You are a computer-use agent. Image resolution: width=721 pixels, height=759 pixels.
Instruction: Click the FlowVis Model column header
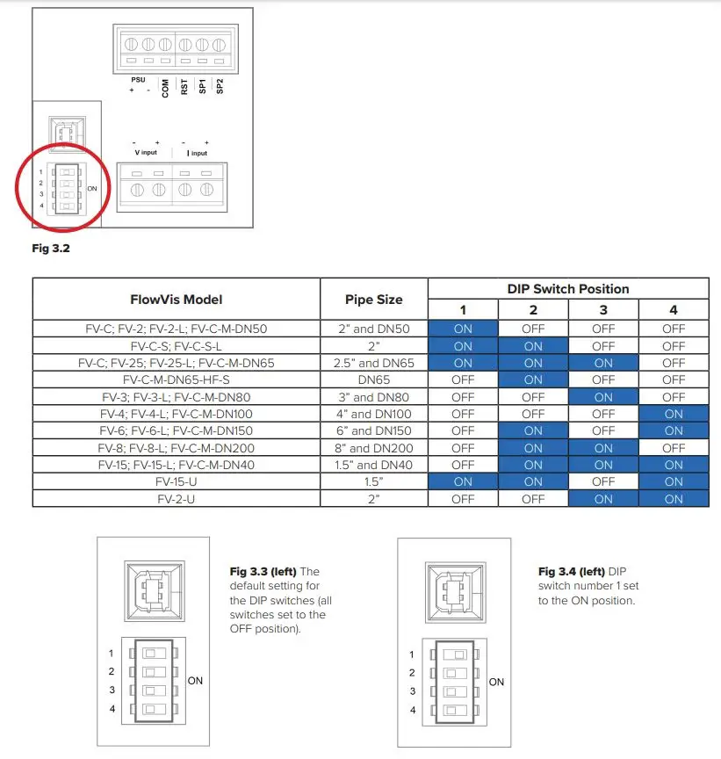177,299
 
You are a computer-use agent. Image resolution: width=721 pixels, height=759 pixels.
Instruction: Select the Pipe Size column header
375,299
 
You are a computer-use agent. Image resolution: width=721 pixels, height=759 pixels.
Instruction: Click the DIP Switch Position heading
568,288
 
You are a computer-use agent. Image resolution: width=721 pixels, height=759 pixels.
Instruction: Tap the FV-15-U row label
177,481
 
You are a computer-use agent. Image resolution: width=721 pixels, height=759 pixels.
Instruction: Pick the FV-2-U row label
177,498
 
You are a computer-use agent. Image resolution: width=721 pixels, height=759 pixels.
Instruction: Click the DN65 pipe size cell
375,379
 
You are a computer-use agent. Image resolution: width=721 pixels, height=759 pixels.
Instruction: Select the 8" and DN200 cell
375,447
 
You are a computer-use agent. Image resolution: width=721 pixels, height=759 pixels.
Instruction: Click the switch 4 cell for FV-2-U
674,498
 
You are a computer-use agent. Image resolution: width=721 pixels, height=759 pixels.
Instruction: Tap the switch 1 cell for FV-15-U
463,481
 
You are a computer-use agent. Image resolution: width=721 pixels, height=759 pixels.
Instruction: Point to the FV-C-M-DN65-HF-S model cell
177,379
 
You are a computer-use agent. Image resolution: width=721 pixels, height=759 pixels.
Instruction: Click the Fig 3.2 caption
51,249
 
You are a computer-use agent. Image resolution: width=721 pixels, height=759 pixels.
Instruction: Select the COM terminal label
165,88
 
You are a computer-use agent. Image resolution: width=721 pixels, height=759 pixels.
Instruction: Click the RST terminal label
184,87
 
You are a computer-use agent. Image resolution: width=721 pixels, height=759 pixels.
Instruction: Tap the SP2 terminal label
220,86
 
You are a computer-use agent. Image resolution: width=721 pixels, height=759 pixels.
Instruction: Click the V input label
147,151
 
